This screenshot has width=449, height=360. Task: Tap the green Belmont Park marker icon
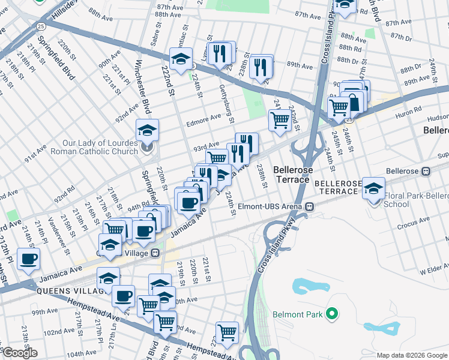(x=330, y=314)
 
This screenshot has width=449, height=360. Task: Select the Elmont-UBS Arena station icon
(x=310, y=207)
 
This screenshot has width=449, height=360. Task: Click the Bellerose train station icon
(x=426, y=170)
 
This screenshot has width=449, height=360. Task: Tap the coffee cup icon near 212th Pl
(x=28, y=259)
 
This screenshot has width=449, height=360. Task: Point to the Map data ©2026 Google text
(x=411, y=355)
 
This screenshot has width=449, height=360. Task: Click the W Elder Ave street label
(x=434, y=272)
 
